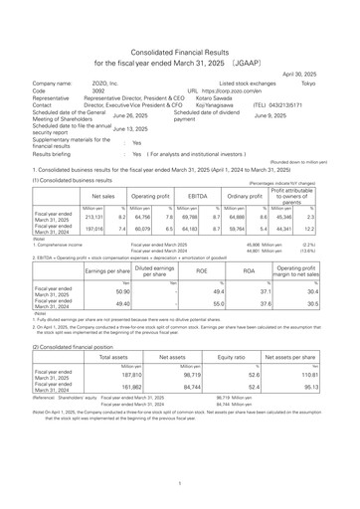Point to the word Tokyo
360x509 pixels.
click(x=336, y=85)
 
